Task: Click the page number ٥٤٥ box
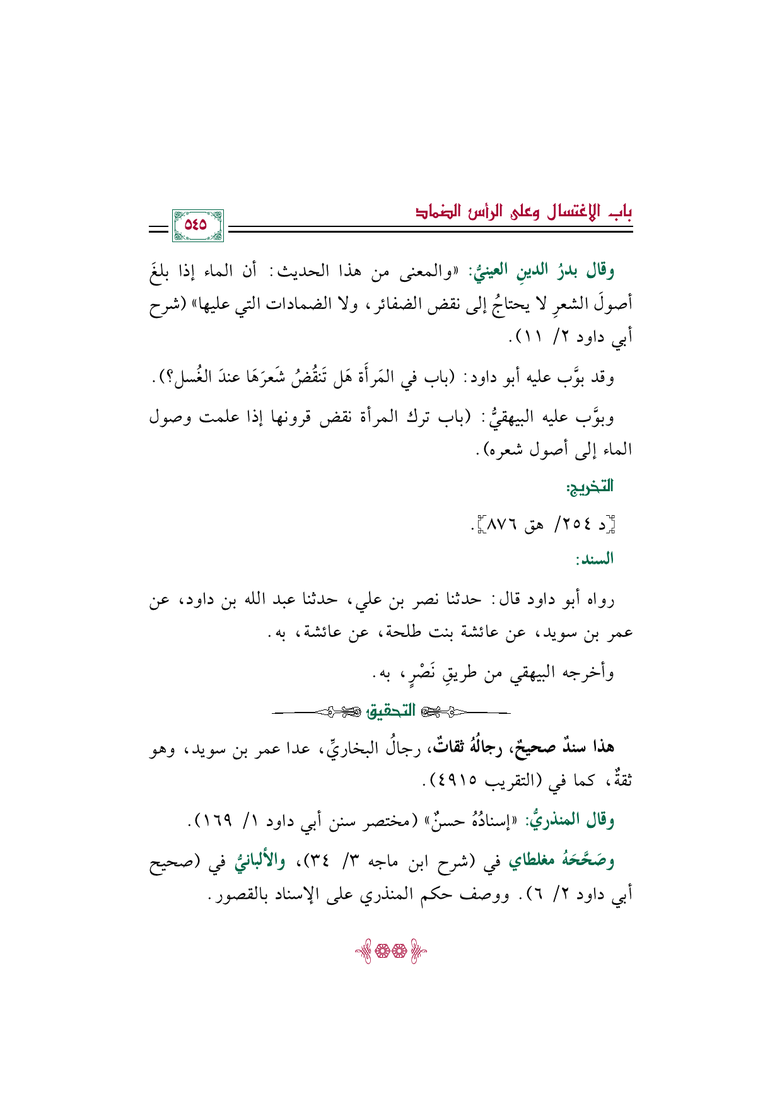point(196,224)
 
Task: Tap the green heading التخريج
point(590,486)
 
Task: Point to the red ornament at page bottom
point(390,950)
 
